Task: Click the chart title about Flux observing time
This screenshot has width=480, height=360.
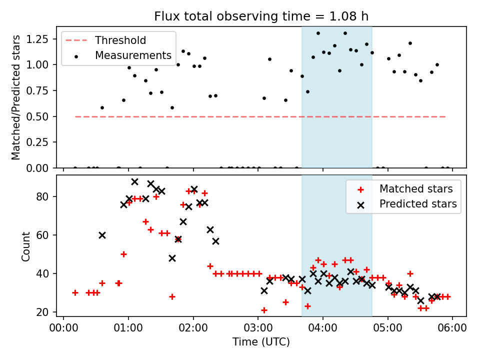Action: coord(261,16)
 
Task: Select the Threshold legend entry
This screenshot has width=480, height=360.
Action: coord(120,40)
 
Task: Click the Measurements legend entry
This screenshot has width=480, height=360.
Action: coord(133,55)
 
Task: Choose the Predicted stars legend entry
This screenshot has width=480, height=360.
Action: coord(418,203)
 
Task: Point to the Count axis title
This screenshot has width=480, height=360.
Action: coord(26,246)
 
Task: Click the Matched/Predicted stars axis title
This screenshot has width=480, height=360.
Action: coord(16,97)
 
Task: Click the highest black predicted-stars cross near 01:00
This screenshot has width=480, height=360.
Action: coord(134,181)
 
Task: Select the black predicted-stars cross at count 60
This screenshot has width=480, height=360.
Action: coord(102,235)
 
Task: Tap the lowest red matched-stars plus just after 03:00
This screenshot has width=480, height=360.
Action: coord(264,310)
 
